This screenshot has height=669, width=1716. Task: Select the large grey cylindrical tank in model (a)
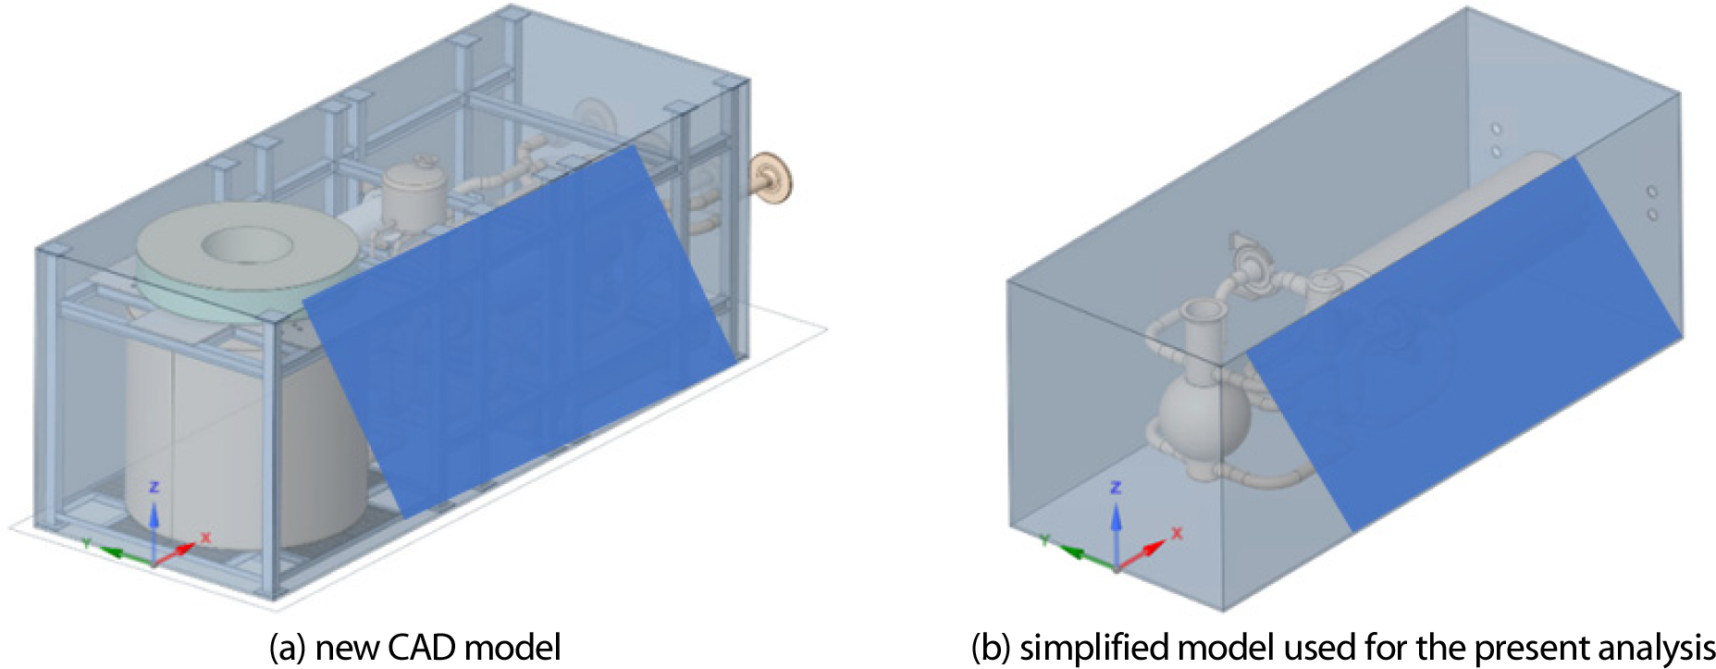point(245,435)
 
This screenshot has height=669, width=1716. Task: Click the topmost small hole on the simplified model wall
point(1496,129)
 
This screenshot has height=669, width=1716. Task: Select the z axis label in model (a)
point(154,487)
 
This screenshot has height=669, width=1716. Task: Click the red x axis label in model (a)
point(205,537)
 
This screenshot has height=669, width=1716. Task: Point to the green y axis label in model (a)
point(86,542)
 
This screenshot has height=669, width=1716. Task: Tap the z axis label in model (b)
point(1116,487)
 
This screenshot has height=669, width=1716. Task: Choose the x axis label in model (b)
point(1178,534)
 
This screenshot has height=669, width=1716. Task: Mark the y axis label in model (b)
point(1044,539)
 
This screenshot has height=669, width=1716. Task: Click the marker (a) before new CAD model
point(287,648)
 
